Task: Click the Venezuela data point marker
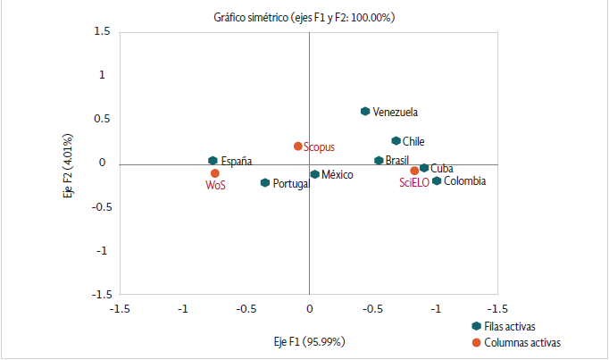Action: click(365, 112)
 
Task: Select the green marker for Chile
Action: click(396, 141)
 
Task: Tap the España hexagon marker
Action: click(213, 161)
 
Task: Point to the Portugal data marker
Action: click(265, 183)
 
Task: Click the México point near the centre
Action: click(314, 174)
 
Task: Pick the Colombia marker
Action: click(437, 181)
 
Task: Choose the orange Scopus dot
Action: click(298, 147)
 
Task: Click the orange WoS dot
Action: click(215, 173)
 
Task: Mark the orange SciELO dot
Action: click(414, 171)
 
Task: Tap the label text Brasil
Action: click(398, 161)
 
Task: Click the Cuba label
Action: click(441, 168)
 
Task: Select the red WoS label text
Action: click(215, 186)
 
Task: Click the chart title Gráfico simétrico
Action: click(304, 17)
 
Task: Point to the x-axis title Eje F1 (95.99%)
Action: click(310, 342)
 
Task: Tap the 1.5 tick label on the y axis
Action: click(102, 31)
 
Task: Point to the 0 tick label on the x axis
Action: click(309, 308)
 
